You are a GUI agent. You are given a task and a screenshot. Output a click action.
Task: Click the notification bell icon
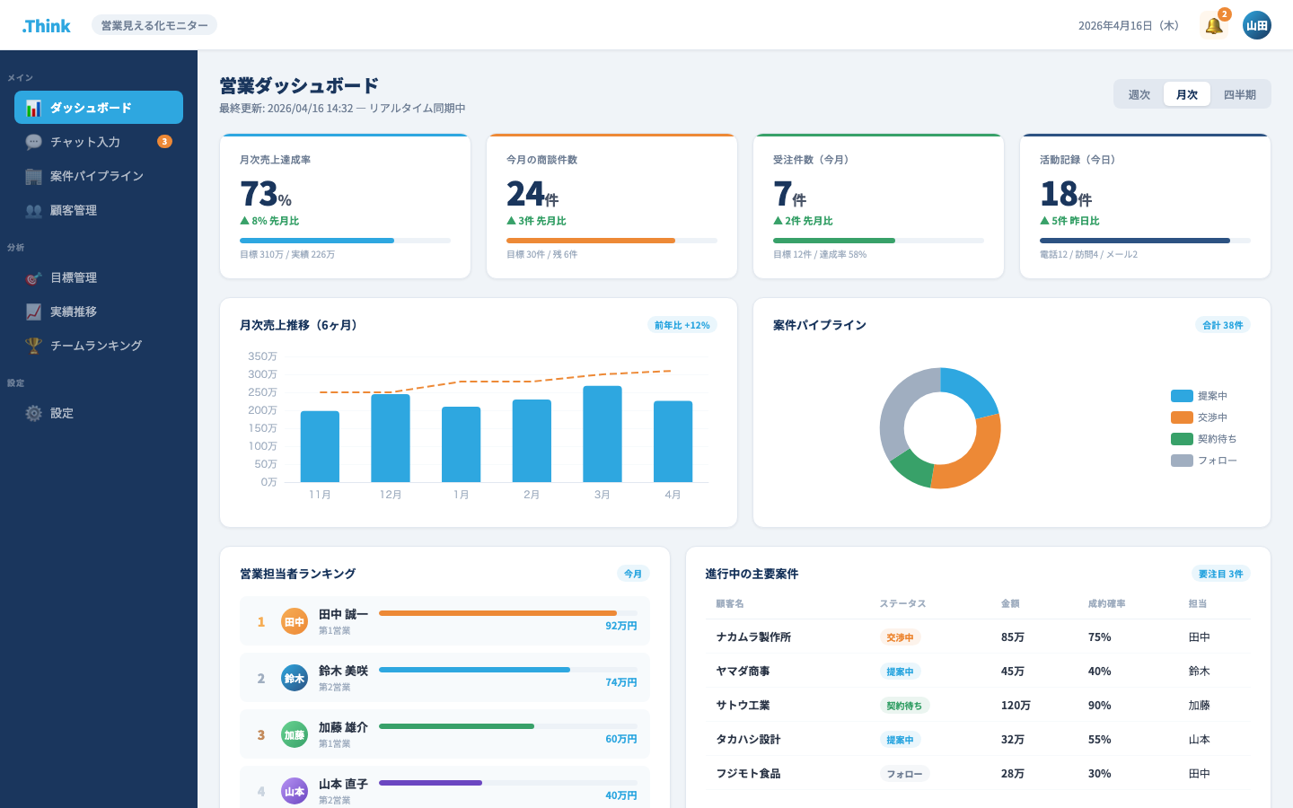tap(1213, 26)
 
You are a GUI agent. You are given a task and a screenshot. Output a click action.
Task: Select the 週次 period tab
tap(1139, 94)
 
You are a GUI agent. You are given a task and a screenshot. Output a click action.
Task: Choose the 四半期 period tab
tap(1239, 94)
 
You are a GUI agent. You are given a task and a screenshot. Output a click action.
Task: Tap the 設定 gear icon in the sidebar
tap(33, 413)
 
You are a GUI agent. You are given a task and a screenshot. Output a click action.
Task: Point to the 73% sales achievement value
tap(266, 193)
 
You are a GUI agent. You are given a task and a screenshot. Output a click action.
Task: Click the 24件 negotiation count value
tap(532, 193)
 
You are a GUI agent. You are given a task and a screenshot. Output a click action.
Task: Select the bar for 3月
tap(602, 434)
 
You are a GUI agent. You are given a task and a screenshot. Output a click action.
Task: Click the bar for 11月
tap(320, 447)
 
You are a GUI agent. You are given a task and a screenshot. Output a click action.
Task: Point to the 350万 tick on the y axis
tap(262, 356)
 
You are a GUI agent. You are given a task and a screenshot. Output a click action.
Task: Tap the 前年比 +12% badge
tap(682, 325)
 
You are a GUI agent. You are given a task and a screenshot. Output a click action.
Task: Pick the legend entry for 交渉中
tap(1199, 417)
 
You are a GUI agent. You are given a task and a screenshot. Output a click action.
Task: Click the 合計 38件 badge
tap(1223, 325)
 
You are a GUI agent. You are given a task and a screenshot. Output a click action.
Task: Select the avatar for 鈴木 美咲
tap(295, 678)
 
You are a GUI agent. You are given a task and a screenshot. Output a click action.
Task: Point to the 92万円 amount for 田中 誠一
tap(621, 626)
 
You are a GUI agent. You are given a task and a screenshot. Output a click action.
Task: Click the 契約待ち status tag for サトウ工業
tap(904, 706)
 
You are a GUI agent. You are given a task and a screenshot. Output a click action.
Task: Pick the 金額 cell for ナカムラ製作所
tap(1013, 637)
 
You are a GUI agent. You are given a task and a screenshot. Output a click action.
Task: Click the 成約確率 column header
tap(1106, 603)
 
